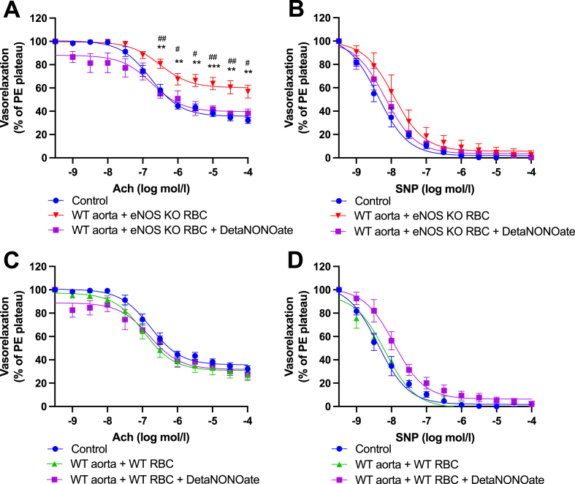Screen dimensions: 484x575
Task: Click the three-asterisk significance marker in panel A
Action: (213, 67)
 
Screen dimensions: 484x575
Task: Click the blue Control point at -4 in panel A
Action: (248, 120)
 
